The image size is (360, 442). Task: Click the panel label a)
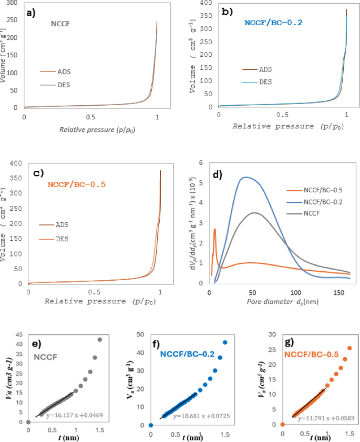coord(30,13)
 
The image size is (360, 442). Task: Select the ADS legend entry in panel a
coord(55,71)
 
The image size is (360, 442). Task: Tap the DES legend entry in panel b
coord(257,82)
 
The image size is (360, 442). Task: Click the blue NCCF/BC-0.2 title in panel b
coord(273,23)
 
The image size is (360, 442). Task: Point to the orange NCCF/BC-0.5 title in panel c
coord(76,184)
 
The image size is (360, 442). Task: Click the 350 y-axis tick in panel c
coord(16,178)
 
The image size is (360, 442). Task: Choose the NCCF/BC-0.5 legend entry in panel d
coord(315,190)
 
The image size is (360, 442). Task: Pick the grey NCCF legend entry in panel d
coord(303,213)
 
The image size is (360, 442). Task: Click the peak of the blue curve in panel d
coord(246,177)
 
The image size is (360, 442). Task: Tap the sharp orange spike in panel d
coord(215,229)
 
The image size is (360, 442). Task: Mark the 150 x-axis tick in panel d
coord(338,293)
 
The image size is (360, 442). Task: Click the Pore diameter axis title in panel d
coord(283,302)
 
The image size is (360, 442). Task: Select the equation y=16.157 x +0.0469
coord(75,415)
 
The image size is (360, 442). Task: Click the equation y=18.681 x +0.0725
coord(201,416)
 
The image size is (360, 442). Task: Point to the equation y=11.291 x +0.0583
coord(326,418)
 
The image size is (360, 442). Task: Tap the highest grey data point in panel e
coord(99,340)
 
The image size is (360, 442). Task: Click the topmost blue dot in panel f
coord(225,342)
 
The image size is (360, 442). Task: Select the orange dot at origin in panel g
coord(282,424)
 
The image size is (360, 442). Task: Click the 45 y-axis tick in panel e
coord(19,335)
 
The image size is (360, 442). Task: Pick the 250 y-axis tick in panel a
coord(12,20)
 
